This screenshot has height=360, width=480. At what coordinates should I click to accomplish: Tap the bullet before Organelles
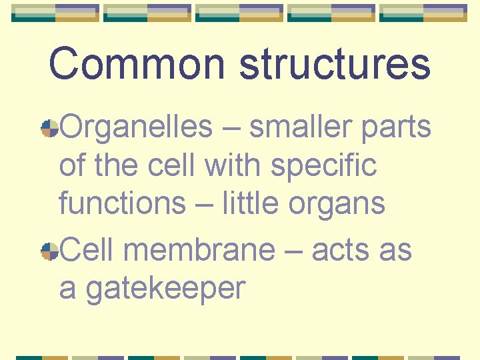pos(49,129)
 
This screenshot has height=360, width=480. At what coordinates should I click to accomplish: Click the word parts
pos(396,126)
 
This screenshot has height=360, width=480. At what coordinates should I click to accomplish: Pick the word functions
pos(122,203)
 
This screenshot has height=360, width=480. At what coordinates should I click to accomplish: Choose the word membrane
pos(199,250)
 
